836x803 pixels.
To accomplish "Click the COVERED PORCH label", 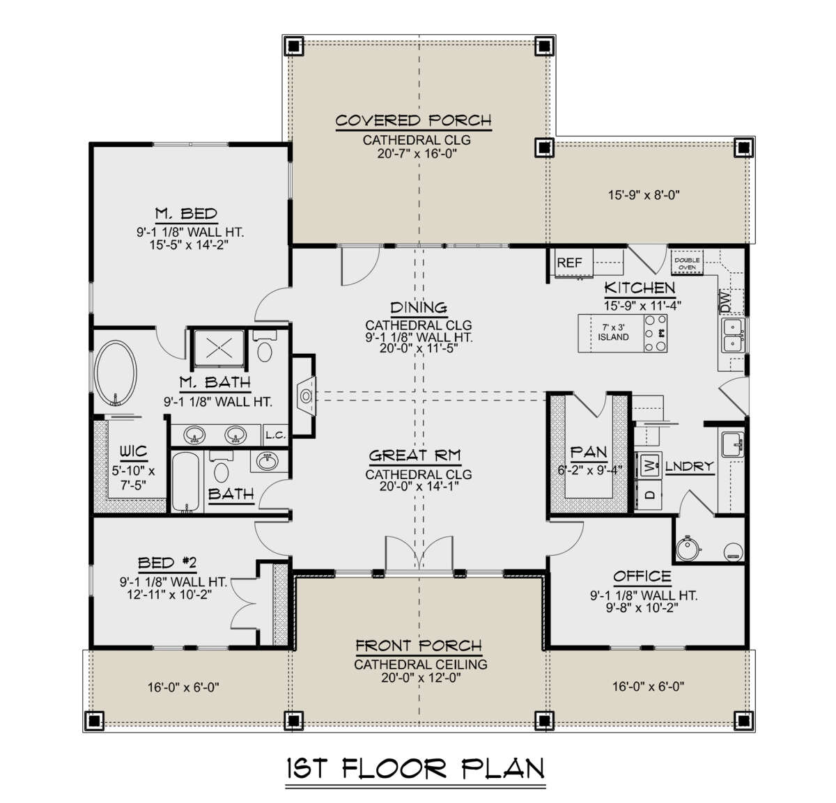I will [413, 120].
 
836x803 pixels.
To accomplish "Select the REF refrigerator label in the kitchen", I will [569, 263].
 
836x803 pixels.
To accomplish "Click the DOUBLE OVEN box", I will [687, 263].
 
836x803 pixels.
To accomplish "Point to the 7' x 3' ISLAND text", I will [613, 332].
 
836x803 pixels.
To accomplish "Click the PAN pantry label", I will [589, 453].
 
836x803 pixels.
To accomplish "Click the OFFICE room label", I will [642, 577].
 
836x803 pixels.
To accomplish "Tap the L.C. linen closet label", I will [275, 436].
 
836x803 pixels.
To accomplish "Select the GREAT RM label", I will [415, 456].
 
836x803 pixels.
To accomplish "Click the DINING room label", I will [418, 308].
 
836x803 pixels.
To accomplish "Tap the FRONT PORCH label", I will [419, 646].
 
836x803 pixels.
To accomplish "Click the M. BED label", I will [186, 214].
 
